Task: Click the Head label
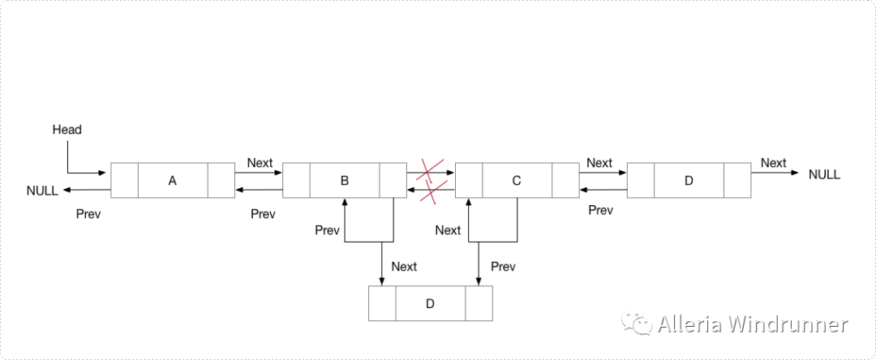(67, 130)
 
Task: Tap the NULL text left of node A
(42, 191)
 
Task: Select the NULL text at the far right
(824, 174)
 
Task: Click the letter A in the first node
(172, 181)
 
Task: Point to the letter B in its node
(345, 181)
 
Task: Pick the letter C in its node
(517, 181)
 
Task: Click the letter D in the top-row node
(689, 181)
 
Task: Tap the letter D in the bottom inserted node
(431, 303)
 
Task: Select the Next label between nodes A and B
(260, 163)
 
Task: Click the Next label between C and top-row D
(599, 163)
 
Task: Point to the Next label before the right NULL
(773, 163)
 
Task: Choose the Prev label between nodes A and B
(263, 214)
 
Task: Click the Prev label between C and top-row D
(600, 211)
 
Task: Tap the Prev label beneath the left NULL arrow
(88, 214)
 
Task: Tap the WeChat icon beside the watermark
(637, 324)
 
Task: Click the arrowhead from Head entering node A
(106, 173)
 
